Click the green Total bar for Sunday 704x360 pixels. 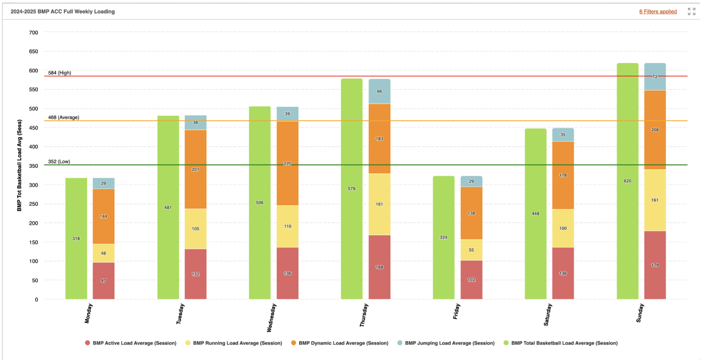coord(627,181)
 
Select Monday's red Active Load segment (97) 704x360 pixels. coord(103,281)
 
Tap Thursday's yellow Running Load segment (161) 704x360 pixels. coord(379,204)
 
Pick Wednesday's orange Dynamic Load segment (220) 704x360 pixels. coord(287,163)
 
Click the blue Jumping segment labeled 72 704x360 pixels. coord(655,77)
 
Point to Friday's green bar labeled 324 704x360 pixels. coord(443,237)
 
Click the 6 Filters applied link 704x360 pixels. coord(658,12)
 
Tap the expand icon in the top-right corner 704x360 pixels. coord(692,12)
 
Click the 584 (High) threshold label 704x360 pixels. coord(59,73)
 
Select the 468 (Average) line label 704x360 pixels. coord(64,117)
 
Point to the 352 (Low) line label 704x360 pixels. coord(59,162)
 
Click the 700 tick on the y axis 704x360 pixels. coord(34,32)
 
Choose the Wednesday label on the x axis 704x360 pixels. coord(271,318)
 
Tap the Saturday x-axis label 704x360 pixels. coord(548,315)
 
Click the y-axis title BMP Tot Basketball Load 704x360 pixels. coord(20,165)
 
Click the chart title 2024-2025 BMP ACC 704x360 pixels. coord(63,12)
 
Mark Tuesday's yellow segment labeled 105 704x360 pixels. coord(195,229)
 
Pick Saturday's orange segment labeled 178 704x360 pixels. coord(563,175)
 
